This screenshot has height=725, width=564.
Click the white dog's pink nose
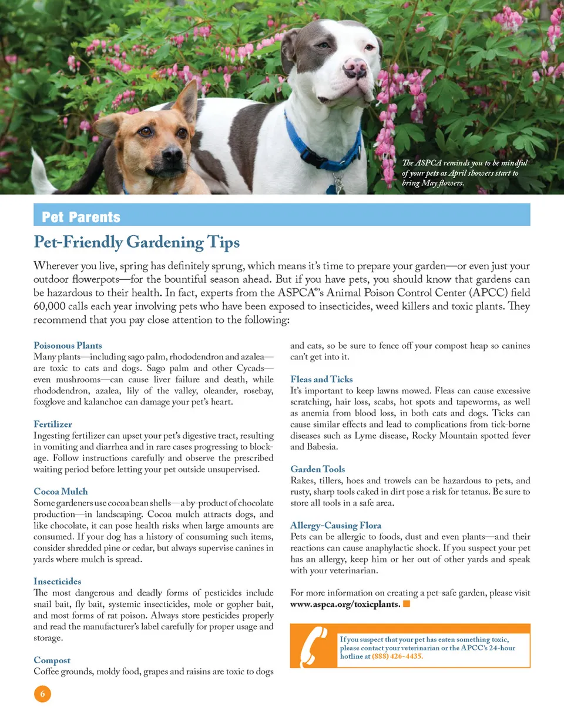(355, 68)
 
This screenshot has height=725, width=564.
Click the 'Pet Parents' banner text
(81, 217)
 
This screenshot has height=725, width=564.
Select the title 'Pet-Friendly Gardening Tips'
(137, 242)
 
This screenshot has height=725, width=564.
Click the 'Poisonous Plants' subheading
(68, 345)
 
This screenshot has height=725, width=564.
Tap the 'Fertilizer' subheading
(53, 424)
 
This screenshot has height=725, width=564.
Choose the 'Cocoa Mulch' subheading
(61, 491)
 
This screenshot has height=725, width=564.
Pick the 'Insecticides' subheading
(57, 581)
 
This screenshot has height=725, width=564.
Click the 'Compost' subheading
(52, 660)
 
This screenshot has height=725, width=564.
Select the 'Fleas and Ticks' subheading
(321, 379)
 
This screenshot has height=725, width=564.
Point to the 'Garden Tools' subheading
(317, 469)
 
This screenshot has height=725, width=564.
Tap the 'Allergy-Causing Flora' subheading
(335, 525)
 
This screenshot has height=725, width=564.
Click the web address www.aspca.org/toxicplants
(345, 604)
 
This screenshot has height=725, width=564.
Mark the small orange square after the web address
(407, 604)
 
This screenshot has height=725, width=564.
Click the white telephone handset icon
(314, 646)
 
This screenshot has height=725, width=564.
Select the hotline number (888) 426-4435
(397, 656)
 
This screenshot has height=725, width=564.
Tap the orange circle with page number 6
(42, 694)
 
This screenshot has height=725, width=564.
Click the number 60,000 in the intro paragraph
(49, 306)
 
